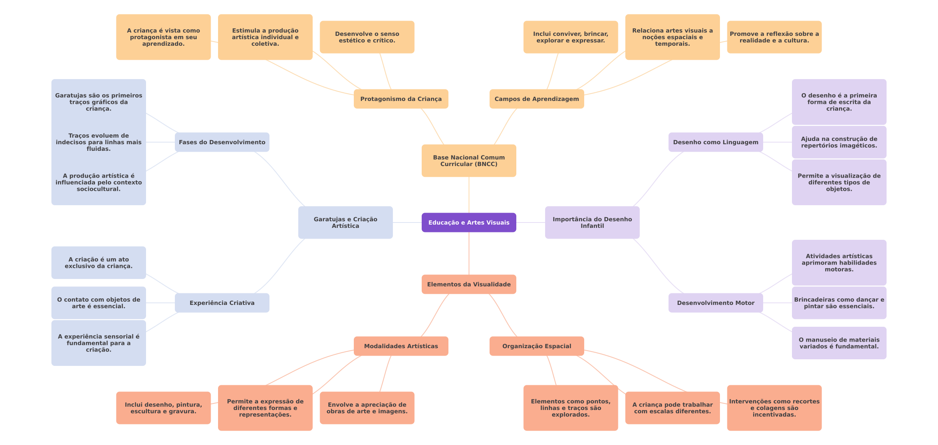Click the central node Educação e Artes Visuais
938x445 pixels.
click(x=469, y=222)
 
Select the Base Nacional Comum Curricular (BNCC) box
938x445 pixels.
click(x=469, y=161)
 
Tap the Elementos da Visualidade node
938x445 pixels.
click(x=469, y=284)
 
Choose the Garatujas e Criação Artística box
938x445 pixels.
click(x=345, y=222)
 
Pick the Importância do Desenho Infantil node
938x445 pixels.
click(x=592, y=222)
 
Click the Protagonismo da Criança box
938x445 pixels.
click(x=401, y=99)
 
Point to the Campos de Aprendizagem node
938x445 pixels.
click(x=536, y=99)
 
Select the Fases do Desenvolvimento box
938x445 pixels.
click(x=222, y=142)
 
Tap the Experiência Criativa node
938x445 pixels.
click(x=222, y=303)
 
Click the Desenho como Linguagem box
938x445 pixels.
click(x=715, y=142)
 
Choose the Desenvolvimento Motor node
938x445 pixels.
click(x=715, y=303)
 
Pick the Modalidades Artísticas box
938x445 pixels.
click(x=401, y=346)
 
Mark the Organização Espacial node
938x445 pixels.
click(x=536, y=346)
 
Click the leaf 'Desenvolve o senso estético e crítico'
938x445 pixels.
click(x=367, y=37)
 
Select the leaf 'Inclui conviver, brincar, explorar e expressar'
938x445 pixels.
click(x=571, y=37)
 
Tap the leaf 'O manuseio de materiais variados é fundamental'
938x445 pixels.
click(x=839, y=343)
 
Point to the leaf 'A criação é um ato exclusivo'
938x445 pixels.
click(x=98, y=263)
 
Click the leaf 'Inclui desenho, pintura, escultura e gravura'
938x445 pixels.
click(x=163, y=408)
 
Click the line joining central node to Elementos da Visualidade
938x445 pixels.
click(x=469, y=253)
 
